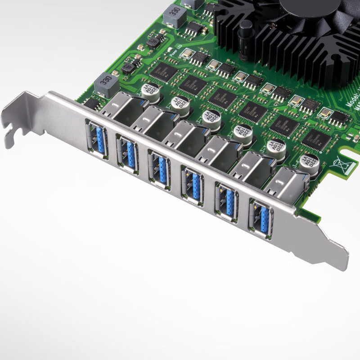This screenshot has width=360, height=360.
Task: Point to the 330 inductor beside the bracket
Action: click(x=106, y=84)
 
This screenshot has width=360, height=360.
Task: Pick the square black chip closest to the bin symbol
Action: click(x=315, y=139)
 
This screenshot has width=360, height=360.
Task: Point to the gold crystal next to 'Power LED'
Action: click(x=186, y=54)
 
